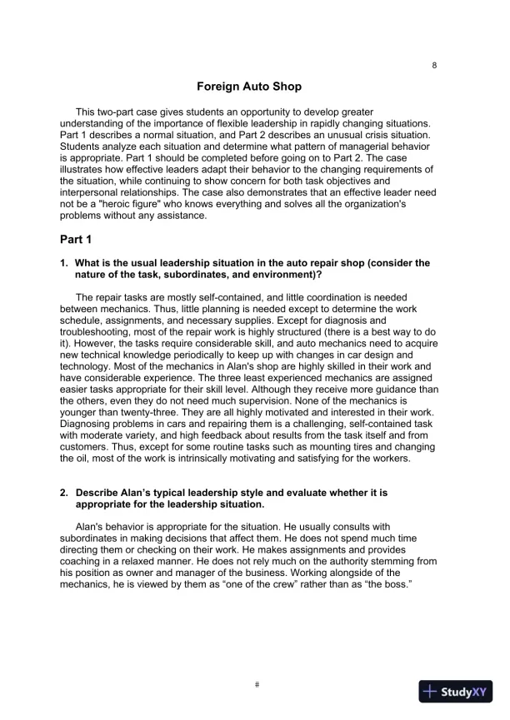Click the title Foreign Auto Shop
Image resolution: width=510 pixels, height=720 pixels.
pyautogui.click(x=248, y=87)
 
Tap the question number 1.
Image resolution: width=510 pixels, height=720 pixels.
pyautogui.click(x=63, y=263)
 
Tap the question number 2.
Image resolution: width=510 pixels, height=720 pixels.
pyautogui.click(x=63, y=493)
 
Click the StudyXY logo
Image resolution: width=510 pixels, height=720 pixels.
pyautogui.click(x=456, y=691)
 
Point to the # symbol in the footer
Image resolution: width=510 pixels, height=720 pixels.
pyautogui.click(x=257, y=684)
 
